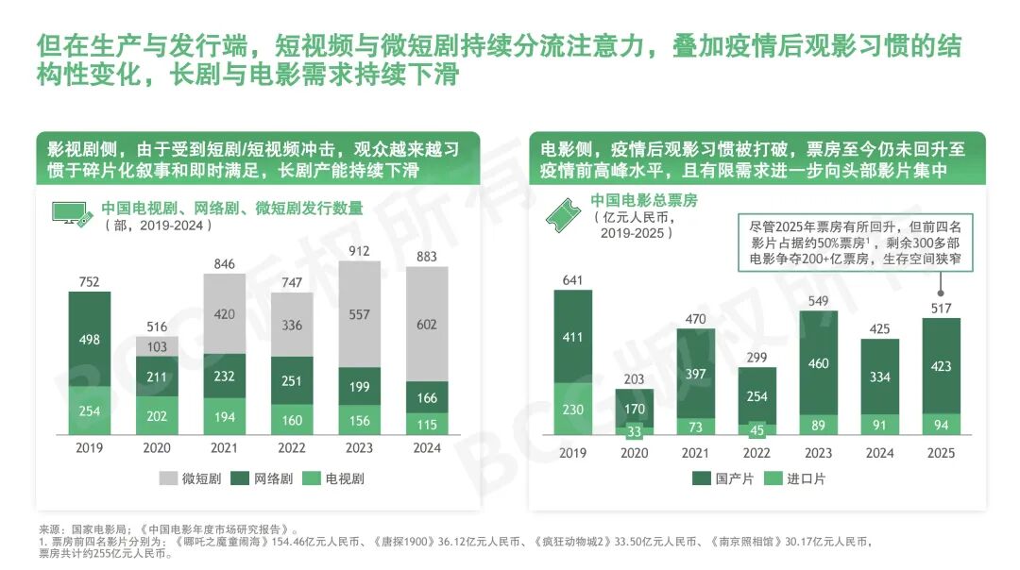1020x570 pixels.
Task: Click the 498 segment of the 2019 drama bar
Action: click(89, 340)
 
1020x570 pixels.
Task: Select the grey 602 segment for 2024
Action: click(427, 325)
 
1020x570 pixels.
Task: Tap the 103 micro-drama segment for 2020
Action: click(157, 346)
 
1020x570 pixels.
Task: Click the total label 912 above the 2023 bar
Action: click(359, 251)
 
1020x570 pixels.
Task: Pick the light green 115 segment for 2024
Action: click(427, 424)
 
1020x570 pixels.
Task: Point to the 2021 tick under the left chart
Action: click(225, 448)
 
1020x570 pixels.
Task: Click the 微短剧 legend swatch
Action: click(168, 478)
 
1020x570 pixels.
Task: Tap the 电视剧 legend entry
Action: click(333, 478)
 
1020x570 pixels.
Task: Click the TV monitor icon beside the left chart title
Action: click(71, 213)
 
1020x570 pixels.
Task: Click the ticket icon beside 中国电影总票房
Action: click(563, 215)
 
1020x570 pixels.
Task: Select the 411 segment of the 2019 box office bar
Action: click(573, 337)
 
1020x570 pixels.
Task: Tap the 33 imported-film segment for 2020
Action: click(635, 431)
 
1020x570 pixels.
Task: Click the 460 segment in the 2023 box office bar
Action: click(818, 363)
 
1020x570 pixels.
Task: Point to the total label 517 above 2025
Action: click(942, 309)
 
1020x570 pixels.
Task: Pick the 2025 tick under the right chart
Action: click(942, 453)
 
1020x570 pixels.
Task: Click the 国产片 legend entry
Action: click(723, 479)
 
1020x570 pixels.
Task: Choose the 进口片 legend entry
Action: click(795, 479)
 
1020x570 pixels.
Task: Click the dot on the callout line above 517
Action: click(941, 293)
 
